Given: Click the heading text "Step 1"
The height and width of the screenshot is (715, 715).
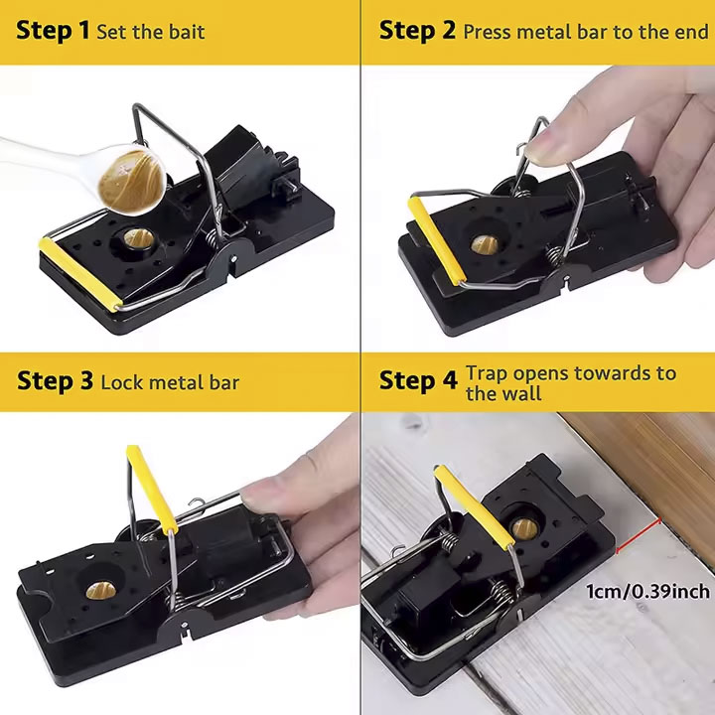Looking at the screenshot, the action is [53, 31].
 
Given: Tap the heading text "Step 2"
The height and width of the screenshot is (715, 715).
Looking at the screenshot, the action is [417, 31].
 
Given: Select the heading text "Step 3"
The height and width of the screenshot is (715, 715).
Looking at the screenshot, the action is [55, 380].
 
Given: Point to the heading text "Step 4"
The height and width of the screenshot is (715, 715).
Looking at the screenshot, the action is [418, 380].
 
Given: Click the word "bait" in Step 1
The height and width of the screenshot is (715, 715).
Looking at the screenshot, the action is [187, 32].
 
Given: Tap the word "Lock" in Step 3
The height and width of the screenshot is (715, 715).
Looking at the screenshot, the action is [123, 382].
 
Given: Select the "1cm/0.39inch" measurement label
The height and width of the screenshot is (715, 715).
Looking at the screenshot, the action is [647, 592].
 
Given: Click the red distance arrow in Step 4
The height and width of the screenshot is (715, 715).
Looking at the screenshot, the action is [639, 535].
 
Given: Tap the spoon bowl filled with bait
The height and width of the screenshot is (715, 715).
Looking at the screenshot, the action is [131, 179].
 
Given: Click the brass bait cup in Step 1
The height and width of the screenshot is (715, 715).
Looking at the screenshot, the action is [139, 239].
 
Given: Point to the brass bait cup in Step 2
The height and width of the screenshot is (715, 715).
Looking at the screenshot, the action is [485, 245].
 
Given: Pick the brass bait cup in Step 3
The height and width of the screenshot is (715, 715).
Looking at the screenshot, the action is [100, 591].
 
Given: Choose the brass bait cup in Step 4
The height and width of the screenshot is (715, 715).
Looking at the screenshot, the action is [524, 528].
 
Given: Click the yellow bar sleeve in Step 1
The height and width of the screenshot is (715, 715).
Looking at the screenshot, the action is [81, 274].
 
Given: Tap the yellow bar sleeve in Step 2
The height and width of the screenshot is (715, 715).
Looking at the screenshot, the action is [437, 240].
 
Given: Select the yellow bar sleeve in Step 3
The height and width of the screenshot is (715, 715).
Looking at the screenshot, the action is [151, 489].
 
